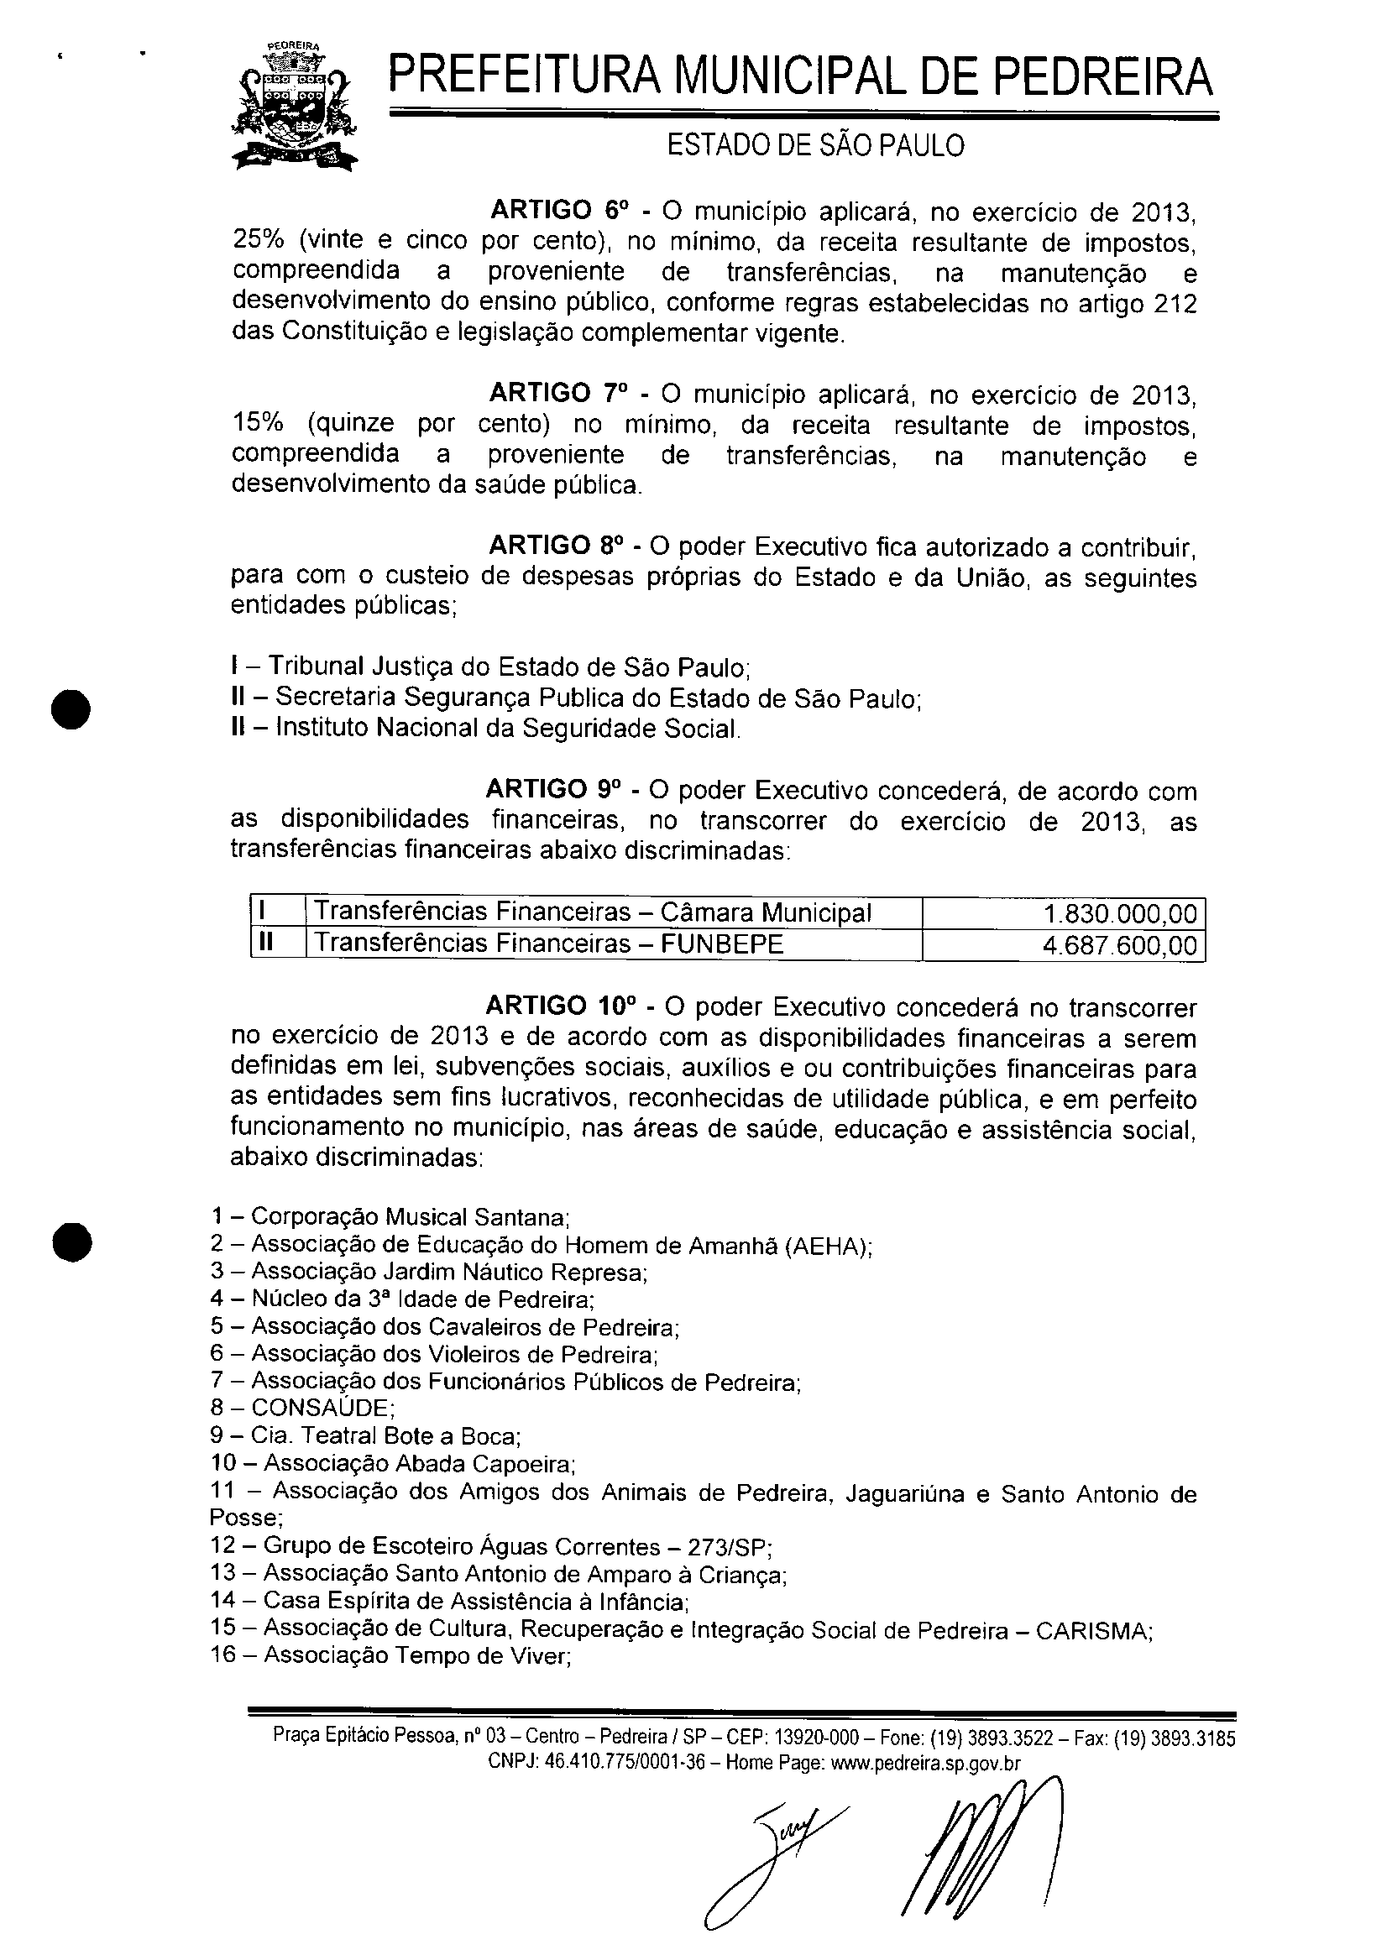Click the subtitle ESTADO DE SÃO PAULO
tap(815, 147)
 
